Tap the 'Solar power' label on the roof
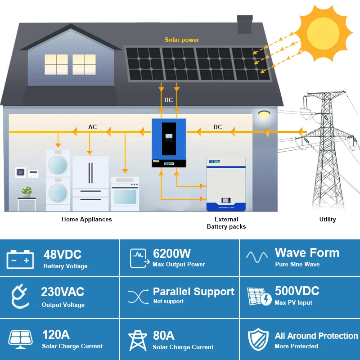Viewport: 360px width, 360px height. pos(182,40)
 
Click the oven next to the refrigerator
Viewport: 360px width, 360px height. pos(125,194)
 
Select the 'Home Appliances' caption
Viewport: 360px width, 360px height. pos(87,219)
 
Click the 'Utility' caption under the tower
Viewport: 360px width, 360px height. pos(328,219)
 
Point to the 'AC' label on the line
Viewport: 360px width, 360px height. pos(92,127)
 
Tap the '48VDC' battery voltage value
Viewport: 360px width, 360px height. pos(63,254)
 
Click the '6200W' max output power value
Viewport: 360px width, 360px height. pos(172,253)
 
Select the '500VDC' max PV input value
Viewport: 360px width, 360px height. pos(297,291)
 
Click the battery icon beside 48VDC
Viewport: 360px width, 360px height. pos(20,260)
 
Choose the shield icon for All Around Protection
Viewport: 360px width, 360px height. pos(258,340)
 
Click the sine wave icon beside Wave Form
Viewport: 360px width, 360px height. pos(257,257)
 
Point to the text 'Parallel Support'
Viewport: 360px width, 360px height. pos(193,292)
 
